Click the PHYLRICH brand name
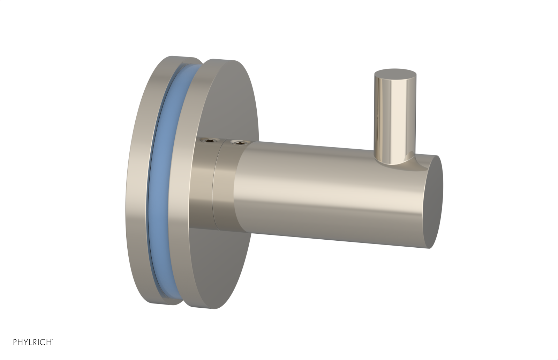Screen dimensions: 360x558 pyautogui.click(x=32, y=342)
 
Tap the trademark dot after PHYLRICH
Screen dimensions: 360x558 pyautogui.click(x=52, y=340)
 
